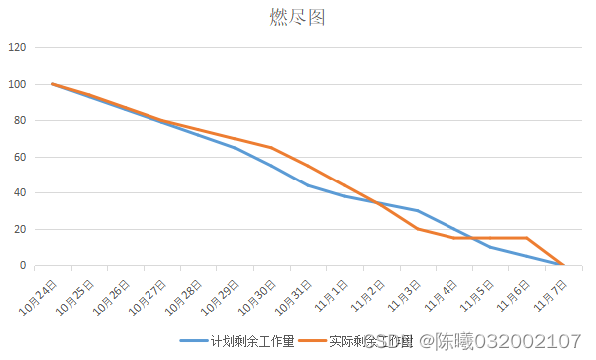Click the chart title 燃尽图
[297, 17]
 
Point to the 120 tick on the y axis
[17, 47]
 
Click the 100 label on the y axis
[17, 84]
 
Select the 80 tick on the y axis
[20, 120]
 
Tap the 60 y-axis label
[20, 157]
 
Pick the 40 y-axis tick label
[20, 192]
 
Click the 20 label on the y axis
[20, 229]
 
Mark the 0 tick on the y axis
[23, 265]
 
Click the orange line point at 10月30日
[271, 148]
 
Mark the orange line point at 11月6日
[527, 238]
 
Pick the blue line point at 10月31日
[308, 185]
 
